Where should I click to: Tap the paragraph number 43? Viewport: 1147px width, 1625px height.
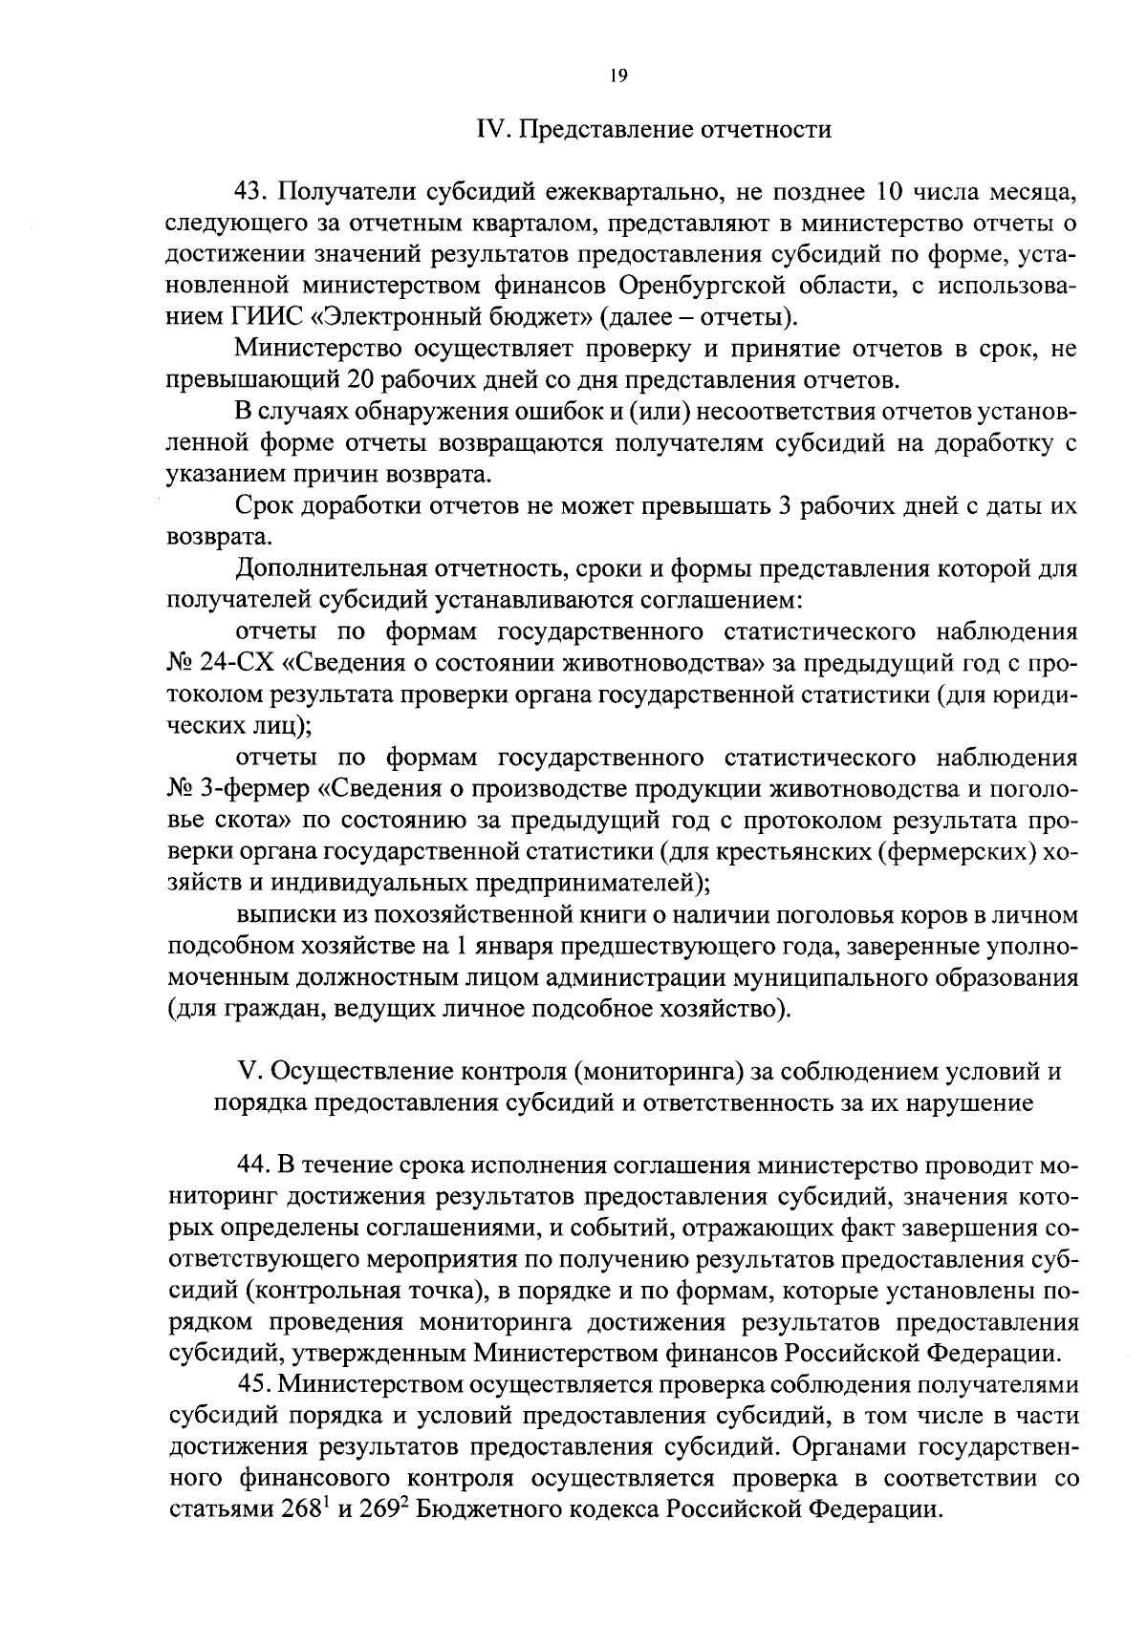coord(252,192)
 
